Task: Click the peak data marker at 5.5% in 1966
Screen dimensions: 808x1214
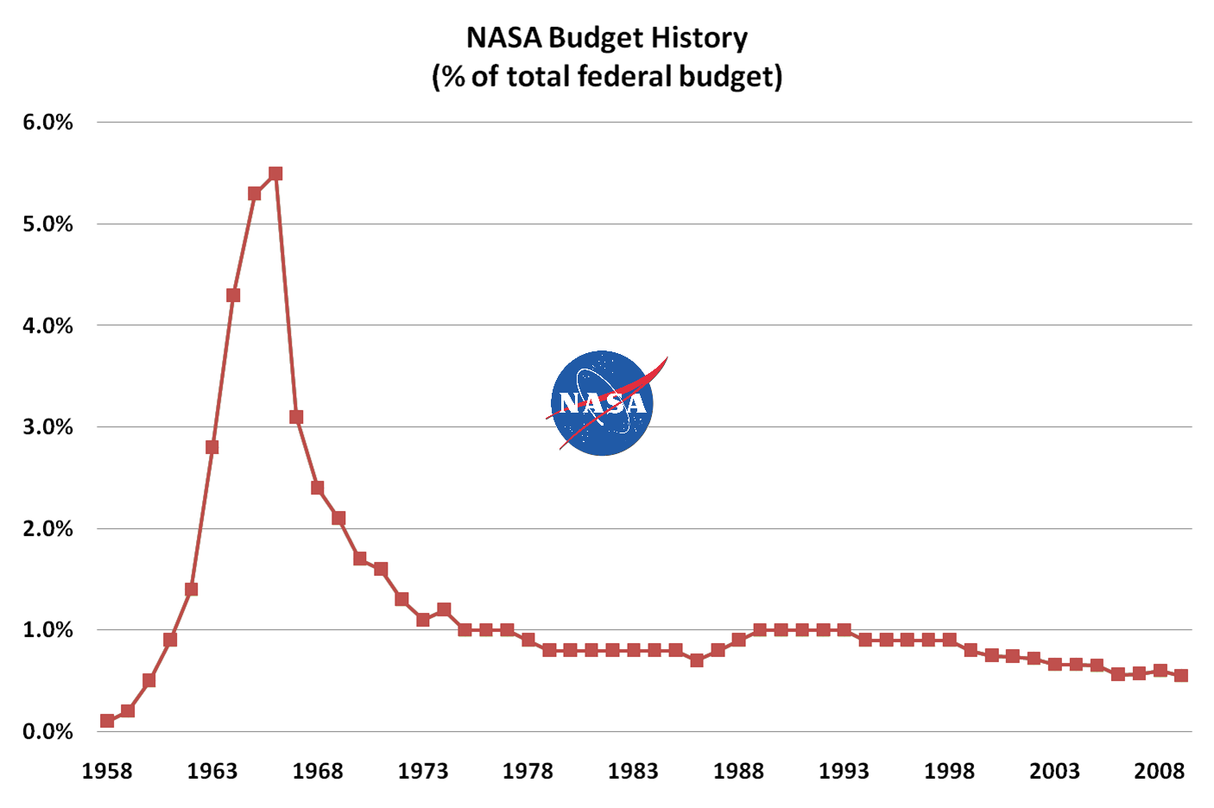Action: click(275, 174)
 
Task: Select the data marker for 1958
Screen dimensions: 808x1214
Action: click(107, 721)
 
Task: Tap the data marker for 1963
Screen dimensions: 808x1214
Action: click(212, 447)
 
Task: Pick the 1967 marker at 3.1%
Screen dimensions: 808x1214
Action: click(296, 417)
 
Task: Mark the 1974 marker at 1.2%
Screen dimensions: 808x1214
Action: click(444, 609)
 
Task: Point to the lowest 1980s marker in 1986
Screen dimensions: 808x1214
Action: click(697, 660)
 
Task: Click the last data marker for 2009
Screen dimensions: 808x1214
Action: click(1181, 676)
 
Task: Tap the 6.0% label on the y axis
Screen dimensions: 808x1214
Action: click(48, 123)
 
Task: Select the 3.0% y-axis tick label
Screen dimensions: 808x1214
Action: click(48, 427)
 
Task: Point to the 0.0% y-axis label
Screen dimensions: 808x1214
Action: click(48, 732)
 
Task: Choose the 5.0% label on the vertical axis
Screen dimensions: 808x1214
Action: click(48, 224)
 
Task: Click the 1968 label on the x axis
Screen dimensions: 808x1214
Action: click(318, 771)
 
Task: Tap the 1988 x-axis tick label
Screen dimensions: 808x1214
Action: click(738, 771)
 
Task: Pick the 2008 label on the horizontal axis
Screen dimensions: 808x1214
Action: click(1160, 771)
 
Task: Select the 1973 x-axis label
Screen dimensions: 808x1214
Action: click(423, 771)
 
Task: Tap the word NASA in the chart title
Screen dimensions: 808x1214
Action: click(503, 38)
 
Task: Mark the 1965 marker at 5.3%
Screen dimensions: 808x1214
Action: click(255, 193)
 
